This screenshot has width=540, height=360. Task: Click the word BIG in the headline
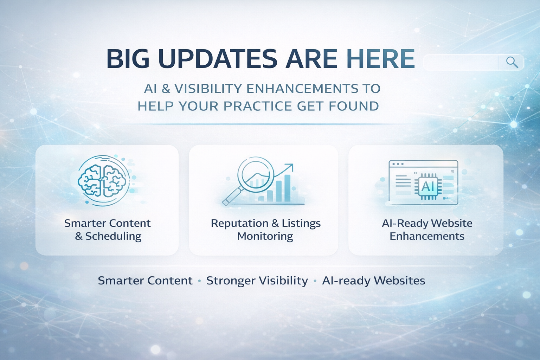(128, 59)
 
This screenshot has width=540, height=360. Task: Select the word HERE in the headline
(381, 59)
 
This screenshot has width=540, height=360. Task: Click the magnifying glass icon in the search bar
(512, 63)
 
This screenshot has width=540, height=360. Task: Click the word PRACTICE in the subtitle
(257, 106)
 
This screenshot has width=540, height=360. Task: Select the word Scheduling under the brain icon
(113, 236)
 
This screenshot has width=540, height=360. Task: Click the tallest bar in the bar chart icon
(287, 188)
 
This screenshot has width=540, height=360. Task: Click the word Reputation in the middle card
(239, 224)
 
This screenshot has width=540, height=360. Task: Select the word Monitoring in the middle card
(265, 236)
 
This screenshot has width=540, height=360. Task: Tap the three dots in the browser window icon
(398, 164)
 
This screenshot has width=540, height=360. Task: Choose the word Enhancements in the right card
(427, 236)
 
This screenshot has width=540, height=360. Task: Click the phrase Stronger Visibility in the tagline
(257, 281)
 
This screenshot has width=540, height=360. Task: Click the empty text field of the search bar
(461, 63)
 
